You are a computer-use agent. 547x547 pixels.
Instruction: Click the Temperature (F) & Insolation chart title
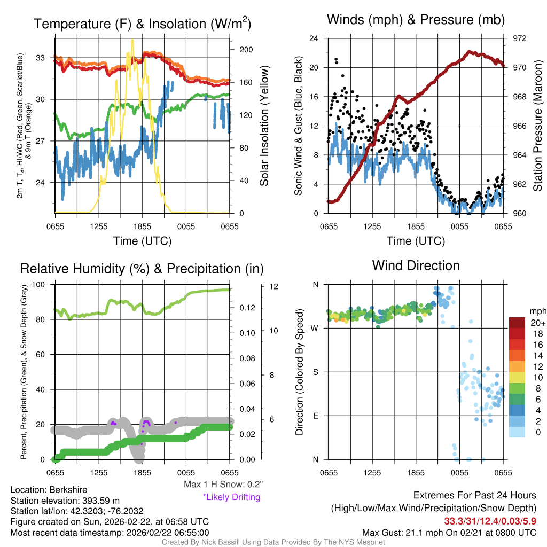(142, 24)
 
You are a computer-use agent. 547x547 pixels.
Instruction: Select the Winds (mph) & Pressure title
(416, 20)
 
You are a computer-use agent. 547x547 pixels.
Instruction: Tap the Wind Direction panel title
(416, 265)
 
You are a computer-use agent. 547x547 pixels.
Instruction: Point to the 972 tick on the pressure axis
(520, 38)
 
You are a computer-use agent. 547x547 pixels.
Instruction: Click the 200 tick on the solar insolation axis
(246, 50)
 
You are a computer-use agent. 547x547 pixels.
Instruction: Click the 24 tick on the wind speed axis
(315, 38)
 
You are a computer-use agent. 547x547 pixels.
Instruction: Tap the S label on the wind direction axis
(315, 372)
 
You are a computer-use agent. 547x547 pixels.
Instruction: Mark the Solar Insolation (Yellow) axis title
(264, 126)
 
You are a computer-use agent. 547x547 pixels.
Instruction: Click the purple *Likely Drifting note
(231, 497)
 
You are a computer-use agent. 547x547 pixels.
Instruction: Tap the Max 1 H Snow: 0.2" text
(223, 485)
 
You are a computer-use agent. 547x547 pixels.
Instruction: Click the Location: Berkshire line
(49, 490)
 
